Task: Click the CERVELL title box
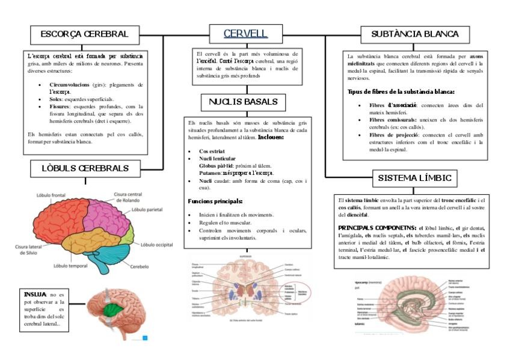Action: [x=244, y=34]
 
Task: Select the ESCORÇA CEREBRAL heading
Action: [x=84, y=34]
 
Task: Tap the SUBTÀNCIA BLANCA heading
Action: [x=414, y=34]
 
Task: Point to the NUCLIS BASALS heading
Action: [x=243, y=102]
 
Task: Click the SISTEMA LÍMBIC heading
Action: [x=414, y=178]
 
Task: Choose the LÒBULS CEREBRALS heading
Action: [x=85, y=168]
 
